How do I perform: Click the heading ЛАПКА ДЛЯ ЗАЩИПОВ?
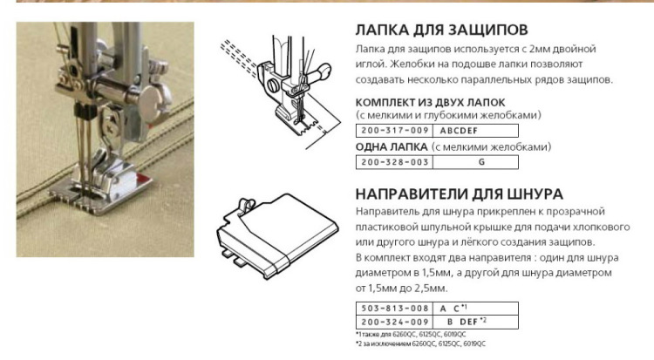click(442, 30)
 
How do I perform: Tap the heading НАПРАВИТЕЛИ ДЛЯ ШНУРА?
click(460, 194)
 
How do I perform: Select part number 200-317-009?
click(394, 131)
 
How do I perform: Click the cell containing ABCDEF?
click(475, 131)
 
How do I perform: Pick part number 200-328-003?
click(394, 162)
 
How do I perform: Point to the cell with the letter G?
click(475, 162)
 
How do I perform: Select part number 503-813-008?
click(394, 309)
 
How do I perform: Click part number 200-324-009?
click(394, 322)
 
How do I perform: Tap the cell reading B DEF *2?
click(475, 322)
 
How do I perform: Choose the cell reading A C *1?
click(475, 309)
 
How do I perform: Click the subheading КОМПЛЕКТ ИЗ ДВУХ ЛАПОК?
click(431, 102)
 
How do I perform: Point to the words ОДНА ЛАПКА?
click(392, 146)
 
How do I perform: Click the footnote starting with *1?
click(411, 335)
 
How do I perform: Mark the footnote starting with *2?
click(420, 343)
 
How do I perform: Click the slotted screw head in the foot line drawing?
click(273, 85)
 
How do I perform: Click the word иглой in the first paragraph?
click(369, 65)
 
